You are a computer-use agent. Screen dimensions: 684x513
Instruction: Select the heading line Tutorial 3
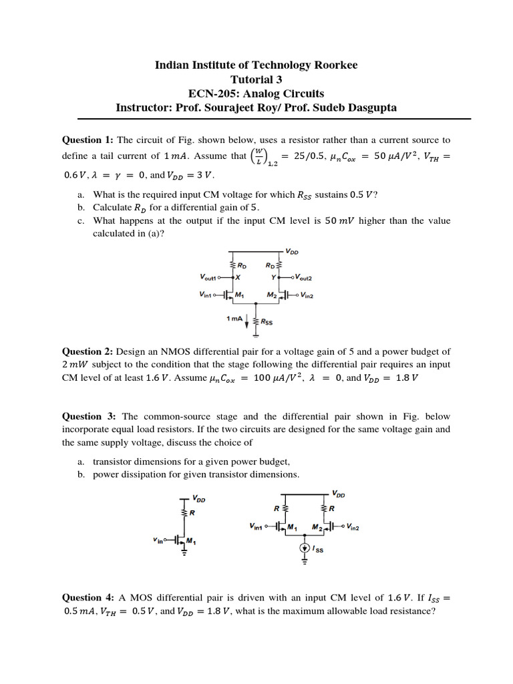(256, 79)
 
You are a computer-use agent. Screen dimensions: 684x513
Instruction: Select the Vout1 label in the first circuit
(210, 275)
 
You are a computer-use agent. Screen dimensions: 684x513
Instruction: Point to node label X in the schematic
(238, 276)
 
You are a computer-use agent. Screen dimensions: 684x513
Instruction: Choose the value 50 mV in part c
(340, 220)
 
